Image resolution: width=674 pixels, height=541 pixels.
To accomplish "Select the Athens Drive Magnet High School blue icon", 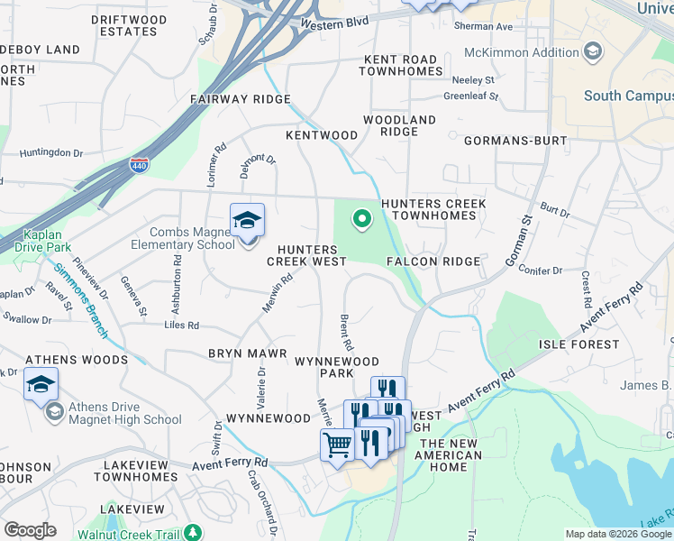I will pos(41,385).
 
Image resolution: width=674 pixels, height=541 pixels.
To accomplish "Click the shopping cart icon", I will pos(337,445).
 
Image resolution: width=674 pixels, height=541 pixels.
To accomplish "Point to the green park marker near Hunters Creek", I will pos(361,218).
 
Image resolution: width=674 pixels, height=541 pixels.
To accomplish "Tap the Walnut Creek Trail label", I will pos(136,533).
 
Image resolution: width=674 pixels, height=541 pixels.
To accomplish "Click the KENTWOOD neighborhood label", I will pos(322,135).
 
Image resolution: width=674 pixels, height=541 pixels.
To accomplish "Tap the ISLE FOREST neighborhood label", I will pos(578,344).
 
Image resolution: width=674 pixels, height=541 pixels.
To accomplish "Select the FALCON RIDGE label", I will pos(433,261).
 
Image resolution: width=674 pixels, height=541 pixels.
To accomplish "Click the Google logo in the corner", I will pos(30,530).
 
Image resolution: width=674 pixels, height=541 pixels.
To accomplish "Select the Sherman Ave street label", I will pos(482,27).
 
